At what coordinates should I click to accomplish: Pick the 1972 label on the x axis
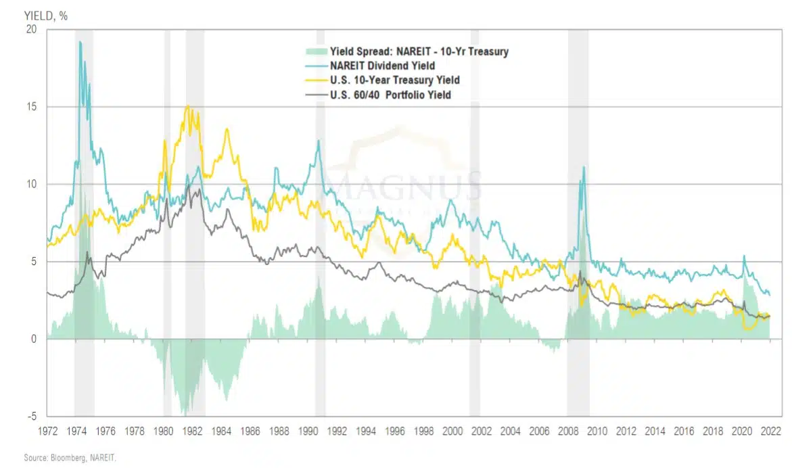(x=49, y=430)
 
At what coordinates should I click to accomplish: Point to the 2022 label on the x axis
(x=770, y=430)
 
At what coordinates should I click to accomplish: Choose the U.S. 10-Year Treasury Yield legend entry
(x=394, y=80)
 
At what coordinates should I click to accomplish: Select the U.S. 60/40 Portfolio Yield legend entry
(x=390, y=95)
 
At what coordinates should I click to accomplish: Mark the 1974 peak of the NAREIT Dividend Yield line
(x=80, y=42)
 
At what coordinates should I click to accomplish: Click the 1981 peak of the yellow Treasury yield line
(x=187, y=106)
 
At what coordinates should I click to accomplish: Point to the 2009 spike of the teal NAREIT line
(x=583, y=166)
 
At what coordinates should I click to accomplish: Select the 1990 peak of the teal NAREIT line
(x=318, y=141)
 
